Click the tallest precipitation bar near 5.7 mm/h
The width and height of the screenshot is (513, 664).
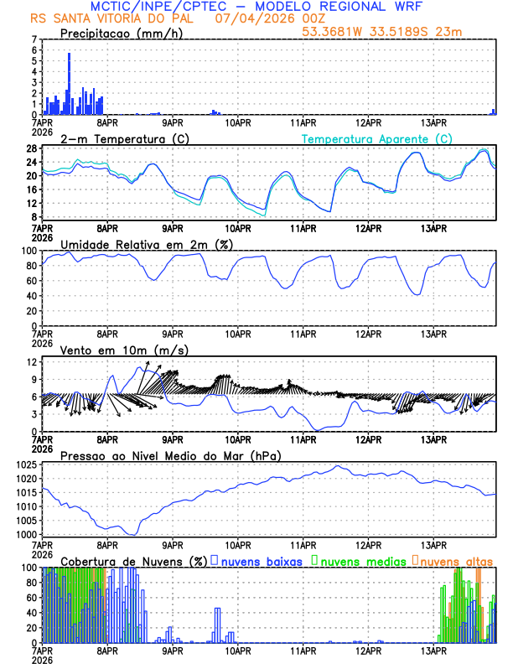click(69, 83)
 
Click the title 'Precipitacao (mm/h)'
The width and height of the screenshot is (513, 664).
click(121, 34)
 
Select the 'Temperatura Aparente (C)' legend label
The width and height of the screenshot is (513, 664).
click(376, 138)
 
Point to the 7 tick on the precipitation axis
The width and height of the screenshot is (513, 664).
click(34, 39)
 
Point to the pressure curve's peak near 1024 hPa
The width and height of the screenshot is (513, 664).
click(338, 466)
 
